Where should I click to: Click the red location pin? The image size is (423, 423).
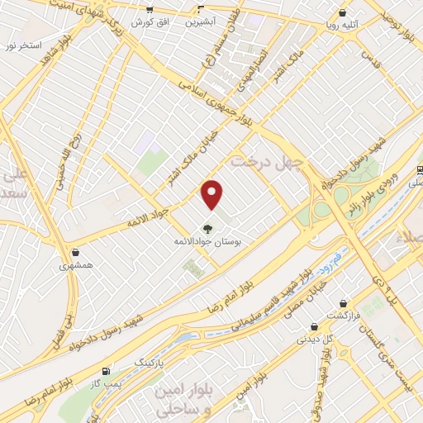tap(213, 194)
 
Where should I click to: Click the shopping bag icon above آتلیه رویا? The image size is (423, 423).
tap(342, 13)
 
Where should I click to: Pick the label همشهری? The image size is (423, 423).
tap(76, 267)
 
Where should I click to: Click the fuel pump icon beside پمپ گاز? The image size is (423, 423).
tap(106, 372)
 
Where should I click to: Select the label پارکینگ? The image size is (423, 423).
tap(150, 362)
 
